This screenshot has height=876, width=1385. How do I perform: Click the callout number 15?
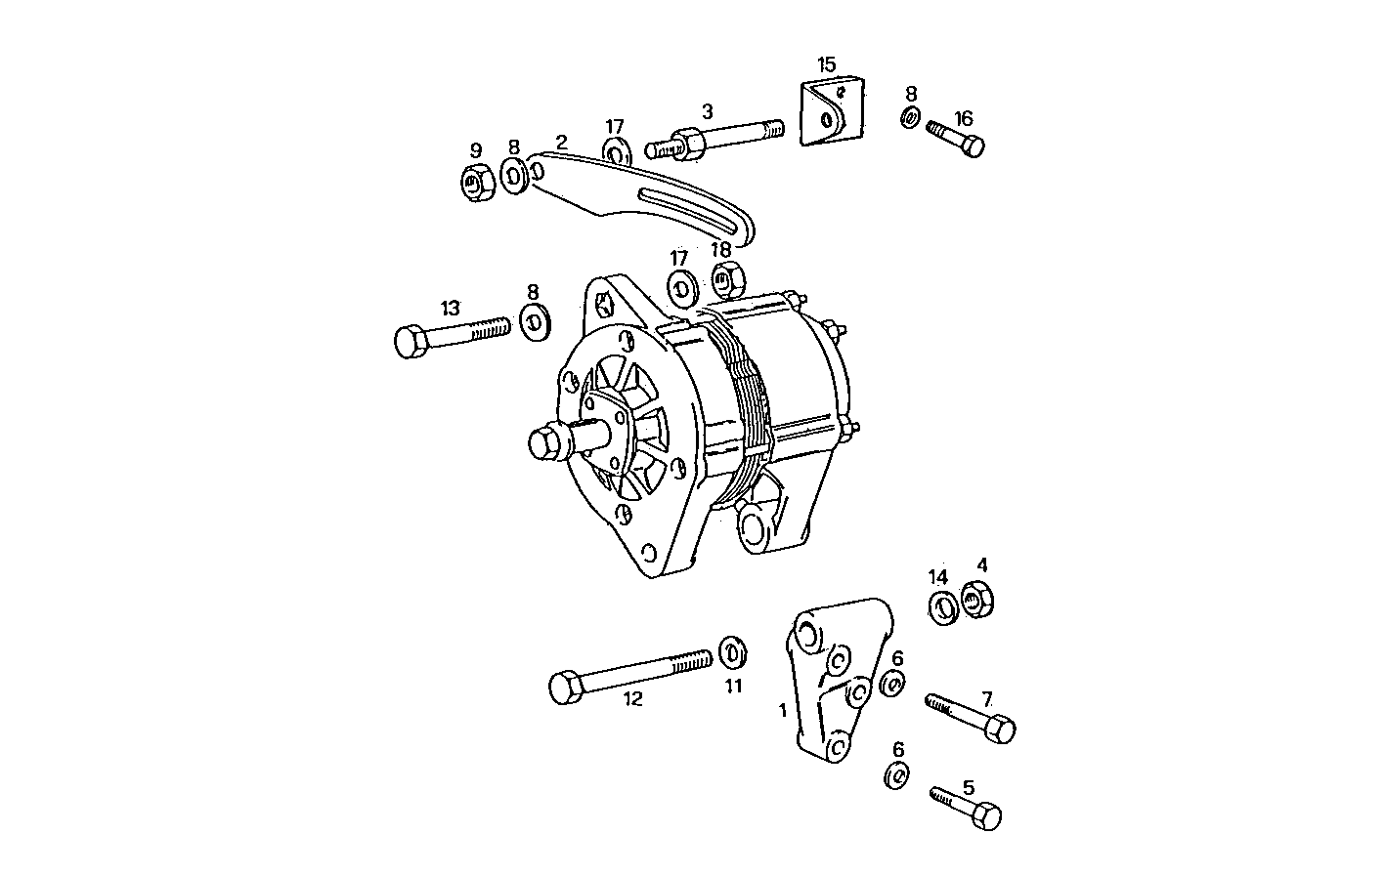826,65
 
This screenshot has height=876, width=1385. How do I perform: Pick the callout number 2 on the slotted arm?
561,142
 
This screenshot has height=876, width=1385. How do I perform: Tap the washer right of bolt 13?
534,321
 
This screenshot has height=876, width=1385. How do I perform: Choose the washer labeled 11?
731,650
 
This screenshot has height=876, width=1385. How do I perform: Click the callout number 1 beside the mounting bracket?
782,710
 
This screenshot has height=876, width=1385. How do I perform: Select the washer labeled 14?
941,607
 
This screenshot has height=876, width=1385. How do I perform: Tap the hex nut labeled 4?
976,600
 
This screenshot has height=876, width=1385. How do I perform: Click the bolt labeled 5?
968,805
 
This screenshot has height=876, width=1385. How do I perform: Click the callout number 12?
632,699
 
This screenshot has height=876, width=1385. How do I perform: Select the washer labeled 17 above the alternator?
681,288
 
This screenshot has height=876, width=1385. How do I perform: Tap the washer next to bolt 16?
910,119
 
